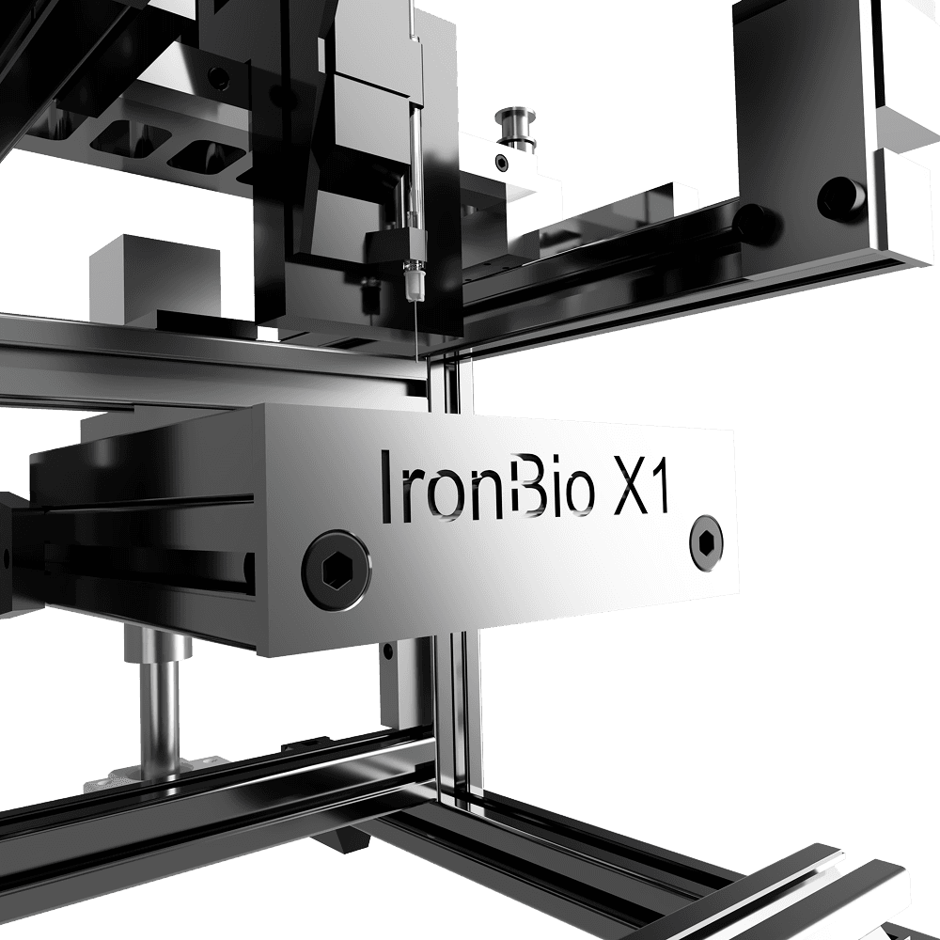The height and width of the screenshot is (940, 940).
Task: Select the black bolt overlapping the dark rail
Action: [x=753, y=222]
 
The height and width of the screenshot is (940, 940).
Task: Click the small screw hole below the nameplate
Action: [x=387, y=650]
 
